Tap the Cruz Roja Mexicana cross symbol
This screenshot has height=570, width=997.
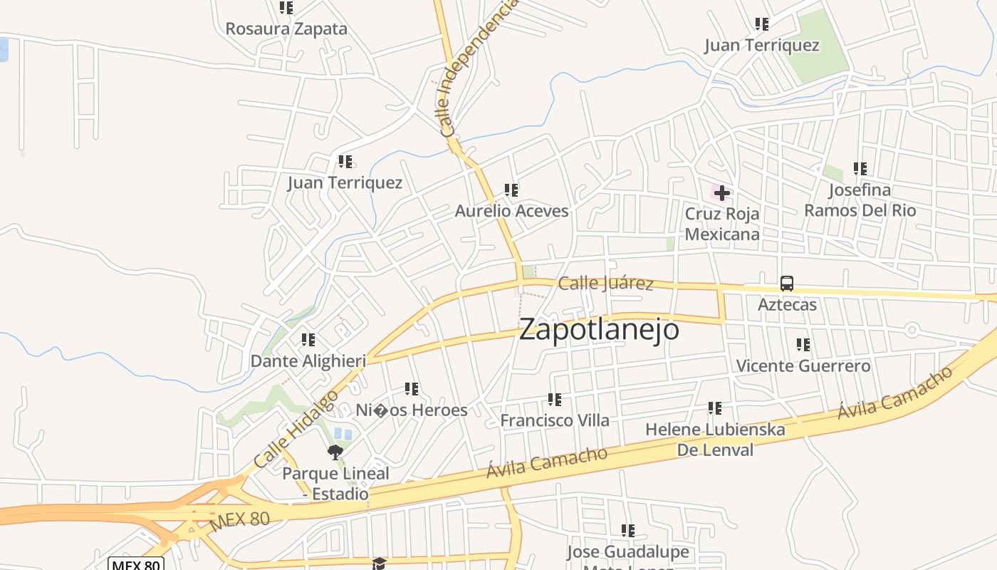pos(722,193)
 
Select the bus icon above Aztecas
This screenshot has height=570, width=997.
pos(787,283)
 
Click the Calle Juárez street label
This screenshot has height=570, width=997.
pos(605,284)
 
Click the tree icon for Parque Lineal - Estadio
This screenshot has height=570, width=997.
pos(335,452)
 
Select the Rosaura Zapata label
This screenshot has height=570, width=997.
pos(286,29)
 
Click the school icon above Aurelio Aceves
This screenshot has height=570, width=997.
pos(511,190)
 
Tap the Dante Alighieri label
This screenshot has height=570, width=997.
pos(308,361)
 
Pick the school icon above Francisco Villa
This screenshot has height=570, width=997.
pos(555,400)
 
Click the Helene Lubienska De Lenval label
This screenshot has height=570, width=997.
pos(715,440)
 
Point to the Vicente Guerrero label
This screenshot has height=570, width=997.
pos(803,366)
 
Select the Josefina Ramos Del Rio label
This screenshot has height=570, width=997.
pos(860,200)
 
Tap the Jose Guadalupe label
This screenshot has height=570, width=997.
pos(627,552)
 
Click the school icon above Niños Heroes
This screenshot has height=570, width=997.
pos(412,389)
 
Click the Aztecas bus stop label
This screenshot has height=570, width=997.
pos(787,305)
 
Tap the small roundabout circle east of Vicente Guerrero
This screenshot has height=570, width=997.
pos(912,329)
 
